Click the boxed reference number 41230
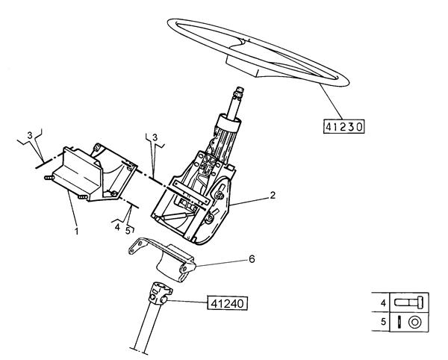click(x=344, y=126)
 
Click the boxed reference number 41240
click(x=227, y=303)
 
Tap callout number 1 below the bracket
click(x=76, y=231)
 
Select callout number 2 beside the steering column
click(x=273, y=196)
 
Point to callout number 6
click(x=252, y=259)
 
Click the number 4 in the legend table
click(x=383, y=302)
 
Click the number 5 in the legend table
click(x=383, y=322)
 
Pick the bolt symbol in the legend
click(x=409, y=302)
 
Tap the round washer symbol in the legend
click(x=415, y=322)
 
